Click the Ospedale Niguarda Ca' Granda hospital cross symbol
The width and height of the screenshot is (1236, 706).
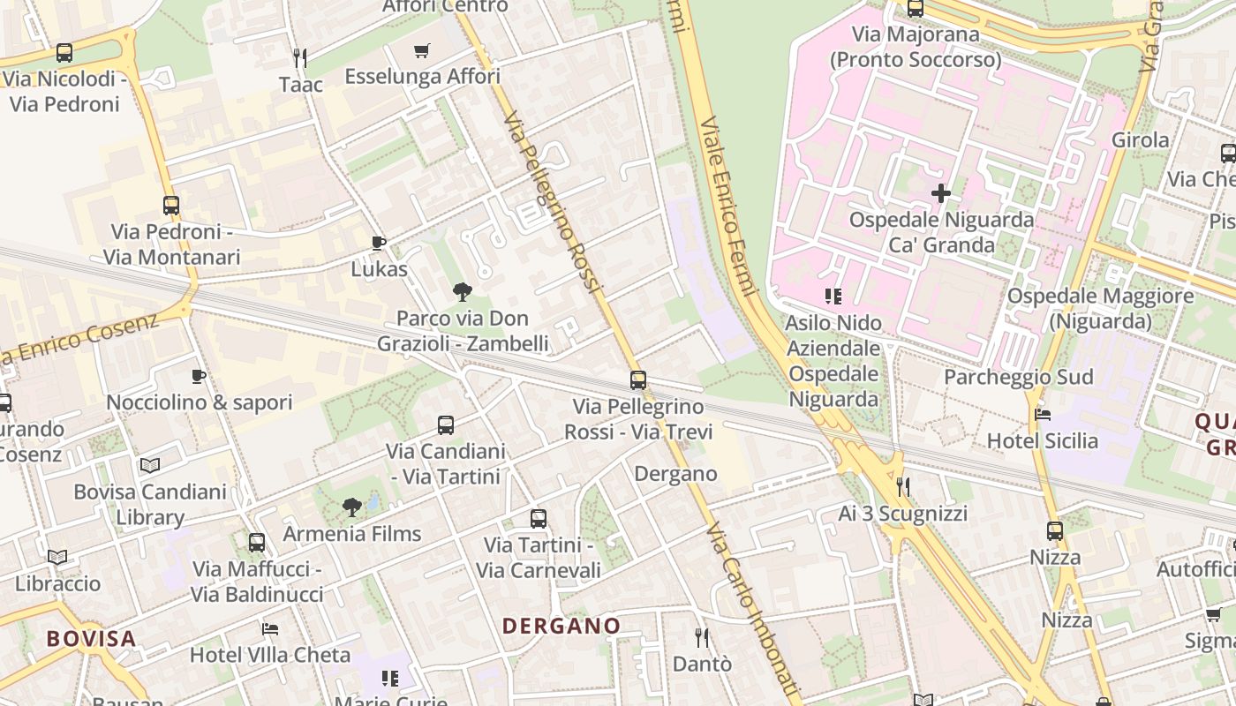[x=941, y=192]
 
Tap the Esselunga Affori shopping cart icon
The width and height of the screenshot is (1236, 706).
[x=422, y=51]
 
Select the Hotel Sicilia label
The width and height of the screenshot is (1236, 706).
[x=1042, y=440]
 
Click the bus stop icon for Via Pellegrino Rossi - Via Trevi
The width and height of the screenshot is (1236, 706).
[x=638, y=380]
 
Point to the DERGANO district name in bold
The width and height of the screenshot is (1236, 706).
[x=561, y=626]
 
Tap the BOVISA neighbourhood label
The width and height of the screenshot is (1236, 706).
[x=92, y=638]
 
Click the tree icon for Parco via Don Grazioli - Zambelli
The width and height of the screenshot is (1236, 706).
[x=462, y=291]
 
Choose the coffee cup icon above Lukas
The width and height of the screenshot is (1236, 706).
[x=379, y=243]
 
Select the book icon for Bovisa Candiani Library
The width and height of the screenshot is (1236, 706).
[x=150, y=465]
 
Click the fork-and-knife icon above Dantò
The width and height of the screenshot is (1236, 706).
[x=702, y=637]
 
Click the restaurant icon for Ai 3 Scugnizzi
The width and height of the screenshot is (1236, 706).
[x=902, y=486]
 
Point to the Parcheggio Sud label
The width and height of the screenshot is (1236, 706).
[x=1018, y=377]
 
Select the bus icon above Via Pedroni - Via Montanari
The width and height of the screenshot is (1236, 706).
[x=171, y=206]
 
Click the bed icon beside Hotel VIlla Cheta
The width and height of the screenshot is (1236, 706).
[x=270, y=629]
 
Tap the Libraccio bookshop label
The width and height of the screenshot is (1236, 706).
[x=57, y=583]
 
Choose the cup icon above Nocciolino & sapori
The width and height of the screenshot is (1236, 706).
[x=199, y=377]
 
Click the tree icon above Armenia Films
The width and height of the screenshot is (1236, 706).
[x=352, y=507]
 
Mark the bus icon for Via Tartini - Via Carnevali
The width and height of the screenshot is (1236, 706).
[x=539, y=519]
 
